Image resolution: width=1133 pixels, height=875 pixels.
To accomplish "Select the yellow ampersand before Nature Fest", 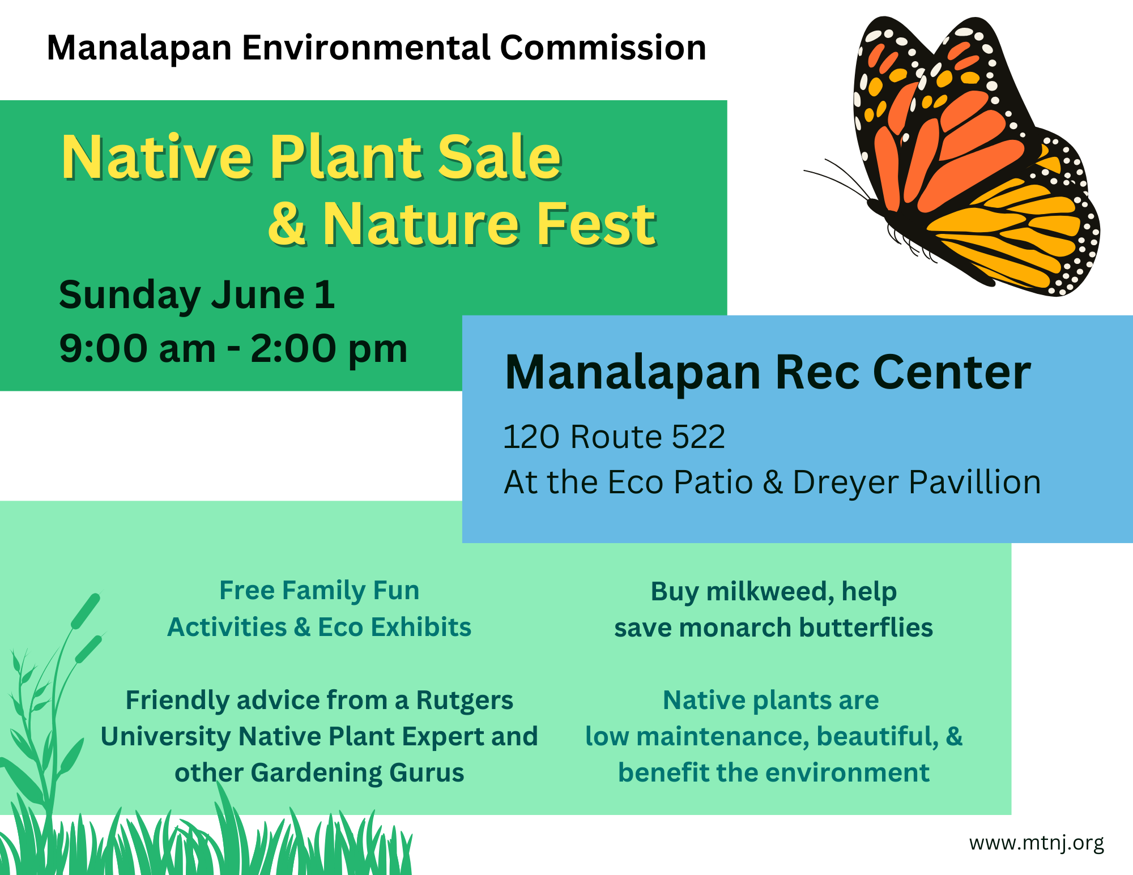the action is pyautogui.click(x=288, y=224).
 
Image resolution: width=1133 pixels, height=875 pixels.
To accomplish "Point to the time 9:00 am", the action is pyautogui.click(x=138, y=348).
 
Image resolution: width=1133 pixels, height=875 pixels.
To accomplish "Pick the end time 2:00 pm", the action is pyautogui.click(x=329, y=349).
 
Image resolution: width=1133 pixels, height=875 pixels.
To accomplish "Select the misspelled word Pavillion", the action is pyautogui.click(x=975, y=482).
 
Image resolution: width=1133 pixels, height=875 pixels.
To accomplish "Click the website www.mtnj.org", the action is pyautogui.click(x=1037, y=843).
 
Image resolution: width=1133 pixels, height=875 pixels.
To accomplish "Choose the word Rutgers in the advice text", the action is pyautogui.click(x=465, y=701).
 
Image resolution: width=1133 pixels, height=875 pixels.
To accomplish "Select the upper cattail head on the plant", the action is pyautogui.click(x=86, y=611).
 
